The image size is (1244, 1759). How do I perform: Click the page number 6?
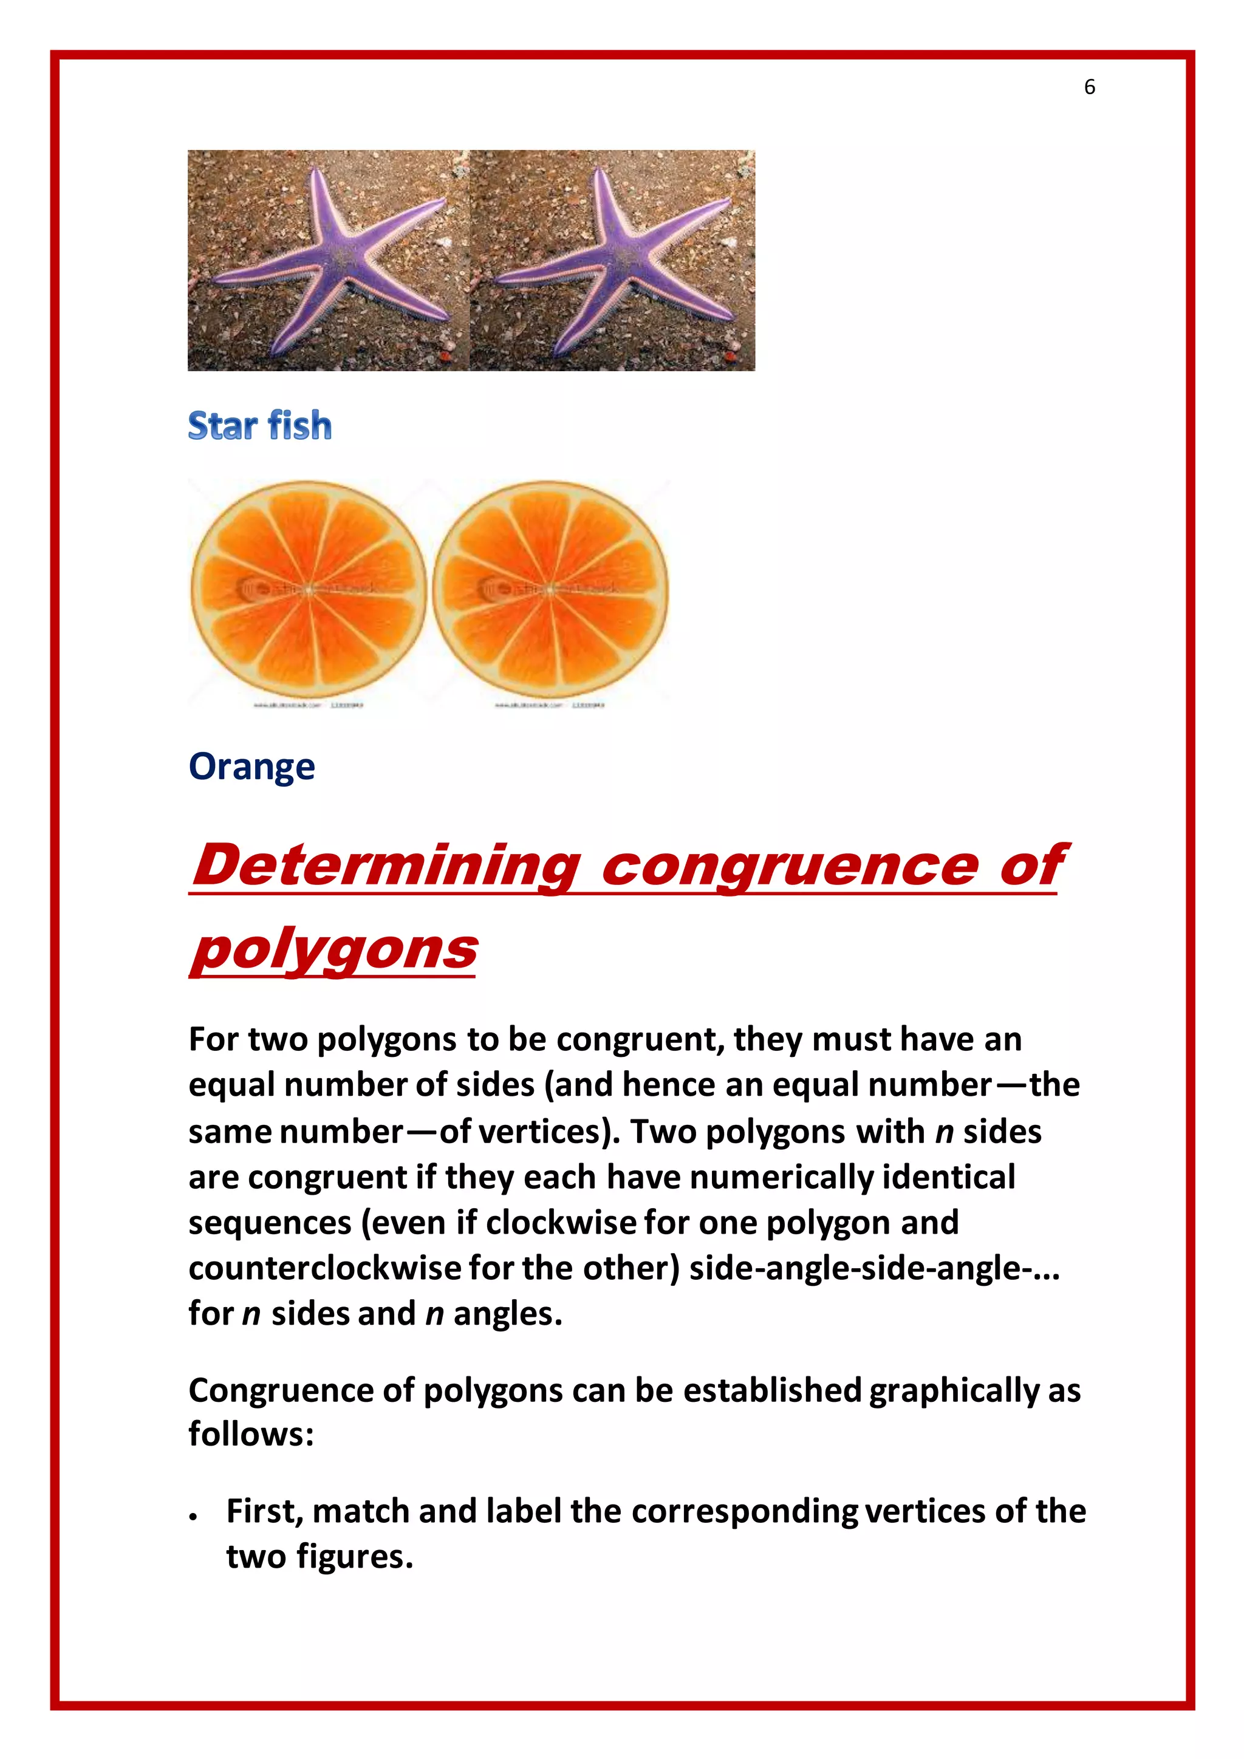pyautogui.click(x=1089, y=87)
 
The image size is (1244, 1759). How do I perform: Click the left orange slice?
pyautogui.click(x=308, y=590)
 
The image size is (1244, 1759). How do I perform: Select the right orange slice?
pyautogui.click(x=550, y=590)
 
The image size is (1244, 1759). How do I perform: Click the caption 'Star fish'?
pyautogui.click(x=260, y=426)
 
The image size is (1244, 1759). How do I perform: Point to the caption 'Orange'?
pyautogui.click(x=251, y=767)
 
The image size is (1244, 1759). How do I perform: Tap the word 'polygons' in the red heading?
pyautogui.click(x=334, y=950)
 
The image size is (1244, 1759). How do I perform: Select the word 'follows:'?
pyautogui.click(x=251, y=1434)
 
